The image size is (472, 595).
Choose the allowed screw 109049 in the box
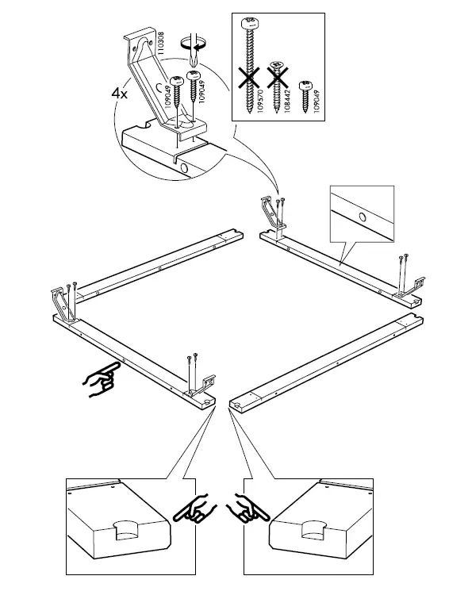click(x=305, y=93)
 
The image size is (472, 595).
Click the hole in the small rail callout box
click(x=362, y=215)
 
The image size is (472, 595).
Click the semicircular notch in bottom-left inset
click(x=128, y=527)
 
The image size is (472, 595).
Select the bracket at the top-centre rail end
click(x=273, y=214)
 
